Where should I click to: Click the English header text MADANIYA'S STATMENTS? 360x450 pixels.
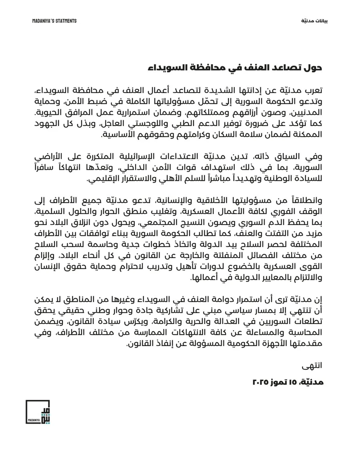pos(54,21)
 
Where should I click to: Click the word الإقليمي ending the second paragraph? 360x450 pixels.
pos(100,179)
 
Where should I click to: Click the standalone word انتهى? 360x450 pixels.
pos(312,364)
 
